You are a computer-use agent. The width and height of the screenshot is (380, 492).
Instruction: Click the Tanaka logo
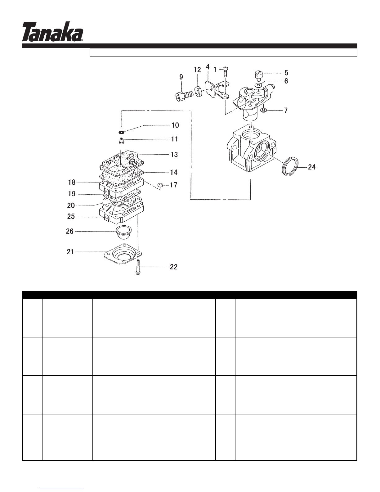click(x=52, y=31)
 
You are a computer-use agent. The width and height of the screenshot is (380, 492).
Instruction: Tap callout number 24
click(x=311, y=167)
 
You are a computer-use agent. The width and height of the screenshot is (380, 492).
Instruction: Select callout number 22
click(x=174, y=267)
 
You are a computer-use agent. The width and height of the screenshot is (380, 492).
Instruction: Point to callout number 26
click(x=70, y=231)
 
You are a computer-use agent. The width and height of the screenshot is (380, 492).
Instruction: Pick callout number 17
click(x=173, y=185)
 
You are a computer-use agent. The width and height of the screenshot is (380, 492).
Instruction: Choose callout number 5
click(x=286, y=73)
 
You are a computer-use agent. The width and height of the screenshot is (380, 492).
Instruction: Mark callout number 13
click(x=175, y=154)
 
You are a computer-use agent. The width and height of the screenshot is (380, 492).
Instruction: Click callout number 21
click(x=70, y=251)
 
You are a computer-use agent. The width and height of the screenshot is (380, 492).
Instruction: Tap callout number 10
click(x=175, y=125)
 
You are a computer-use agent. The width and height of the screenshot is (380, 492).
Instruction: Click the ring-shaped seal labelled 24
click(x=290, y=167)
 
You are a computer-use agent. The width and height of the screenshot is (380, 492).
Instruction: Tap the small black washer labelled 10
click(x=122, y=129)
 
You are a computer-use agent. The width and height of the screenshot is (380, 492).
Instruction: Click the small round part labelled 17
click(x=160, y=186)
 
